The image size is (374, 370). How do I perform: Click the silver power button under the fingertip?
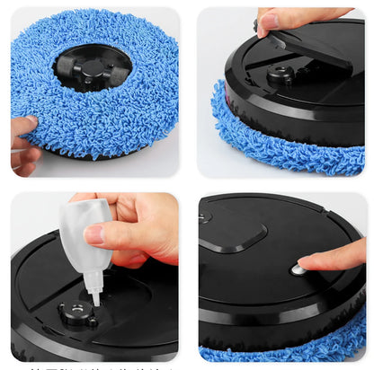pyautogui.click(x=298, y=269)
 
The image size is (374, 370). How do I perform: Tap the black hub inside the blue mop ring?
pyautogui.click(x=92, y=67)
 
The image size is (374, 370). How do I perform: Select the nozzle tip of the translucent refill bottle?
pyautogui.click(x=93, y=295)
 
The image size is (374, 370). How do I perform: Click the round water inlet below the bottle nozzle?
pyautogui.click(x=79, y=313)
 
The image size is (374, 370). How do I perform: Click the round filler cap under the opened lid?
pyautogui.click(x=280, y=75)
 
